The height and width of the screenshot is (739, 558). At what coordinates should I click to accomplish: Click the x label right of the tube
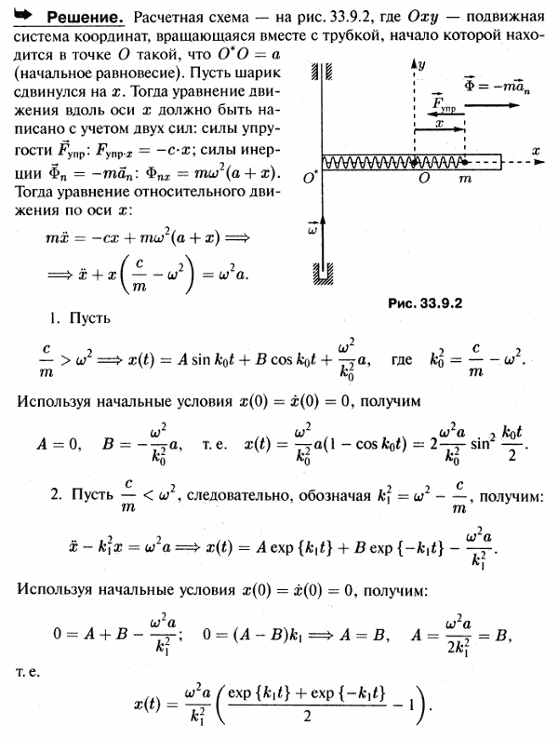[x=537, y=149]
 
